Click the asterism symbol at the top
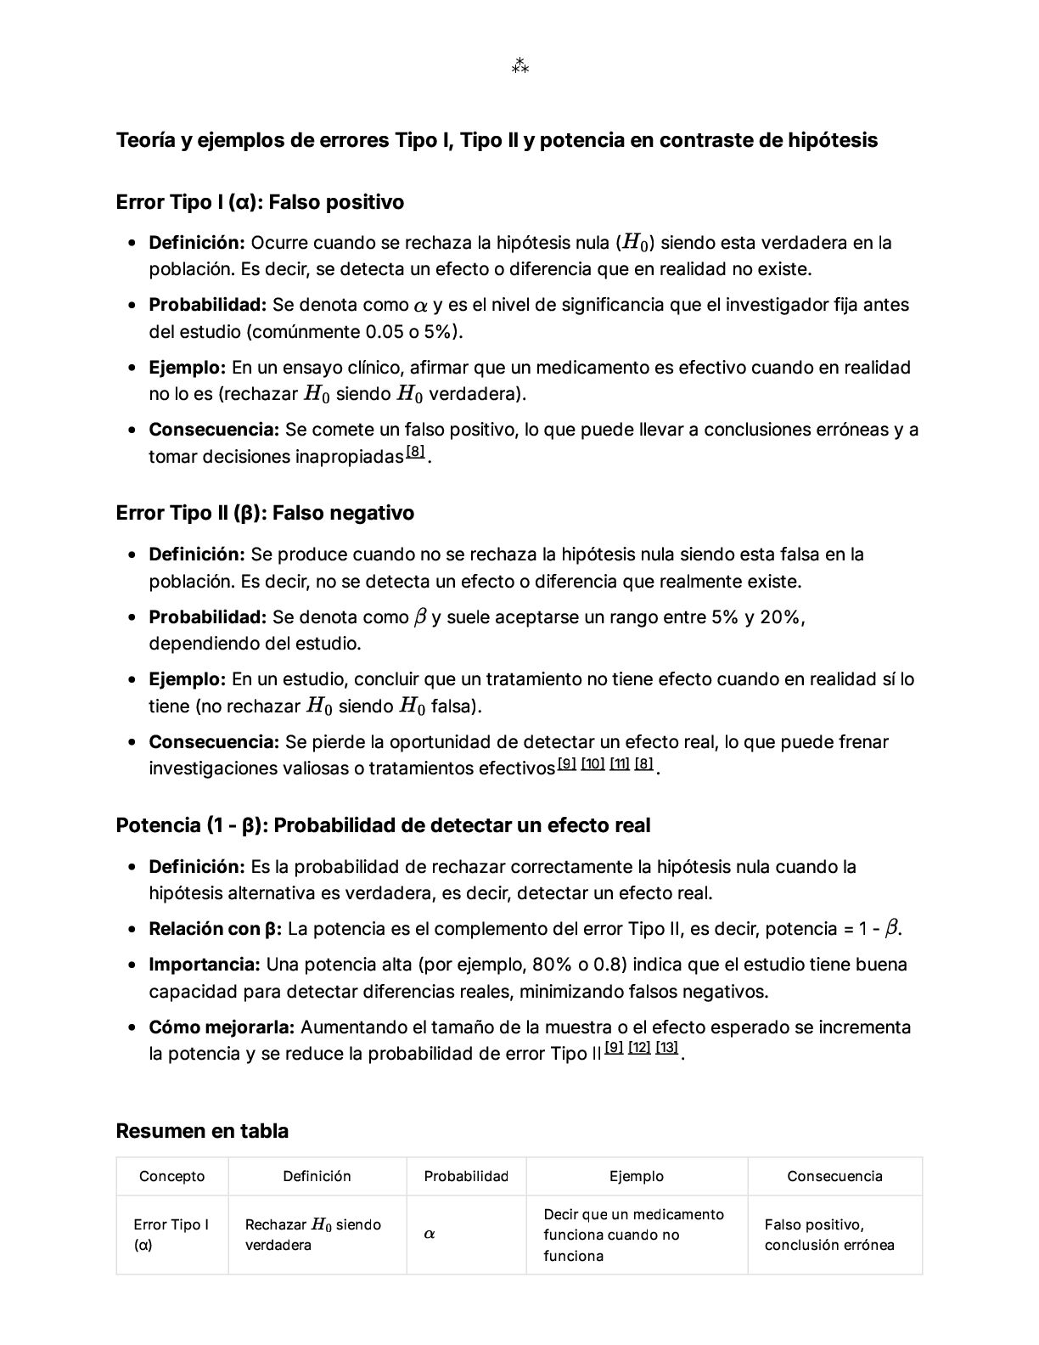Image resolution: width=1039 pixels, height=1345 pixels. pyautogui.click(x=519, y=65)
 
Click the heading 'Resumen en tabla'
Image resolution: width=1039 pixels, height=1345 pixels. pyautogui.click(x=202, y=1131)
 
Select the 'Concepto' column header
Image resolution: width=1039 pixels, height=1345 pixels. pyautogui.click(x=172, y=1176)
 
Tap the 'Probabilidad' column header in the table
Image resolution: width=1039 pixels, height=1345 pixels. pyautogui.click(x=466, y=1176)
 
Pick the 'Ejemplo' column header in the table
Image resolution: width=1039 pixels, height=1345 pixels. pyautogui.click(x=637, y=1176)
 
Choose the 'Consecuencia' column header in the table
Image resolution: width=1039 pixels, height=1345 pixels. pyautogui.click(x=834, y=1176)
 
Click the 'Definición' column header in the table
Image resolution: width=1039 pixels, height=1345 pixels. pyautogui.click(x=317, y=1176)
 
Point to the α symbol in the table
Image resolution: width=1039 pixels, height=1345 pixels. pyautogui.click(x=430, y=1234)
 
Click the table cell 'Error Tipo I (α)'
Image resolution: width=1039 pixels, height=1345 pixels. pyautogui.click(x=171, y=1235)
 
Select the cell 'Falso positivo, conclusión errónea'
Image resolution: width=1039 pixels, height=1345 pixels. pyautogui.click(x=829, y=1235)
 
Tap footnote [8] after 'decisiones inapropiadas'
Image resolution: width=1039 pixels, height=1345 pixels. pyautogui.click(x=415, y=452)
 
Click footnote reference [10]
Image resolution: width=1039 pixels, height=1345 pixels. pyautogui.click(x=593, y=763)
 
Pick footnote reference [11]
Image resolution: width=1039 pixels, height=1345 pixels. pyautogui.click(x=620, y=763)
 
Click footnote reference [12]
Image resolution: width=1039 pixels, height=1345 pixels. pyautogui.click(x=639, y=1047)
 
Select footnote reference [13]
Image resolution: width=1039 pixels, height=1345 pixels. pyautogui.click(x=667, y=1047)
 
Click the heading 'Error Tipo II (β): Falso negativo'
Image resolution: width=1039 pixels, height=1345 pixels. pyautogui.click(x=265, y=513)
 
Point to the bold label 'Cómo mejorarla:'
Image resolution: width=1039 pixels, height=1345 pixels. pyautogui.click(x=222, y=1027)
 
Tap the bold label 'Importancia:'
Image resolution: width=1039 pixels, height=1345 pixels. pyautogui.click(x=205, y=965)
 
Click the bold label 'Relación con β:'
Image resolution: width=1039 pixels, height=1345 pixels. pyautogui.click(x=215, y=928)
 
